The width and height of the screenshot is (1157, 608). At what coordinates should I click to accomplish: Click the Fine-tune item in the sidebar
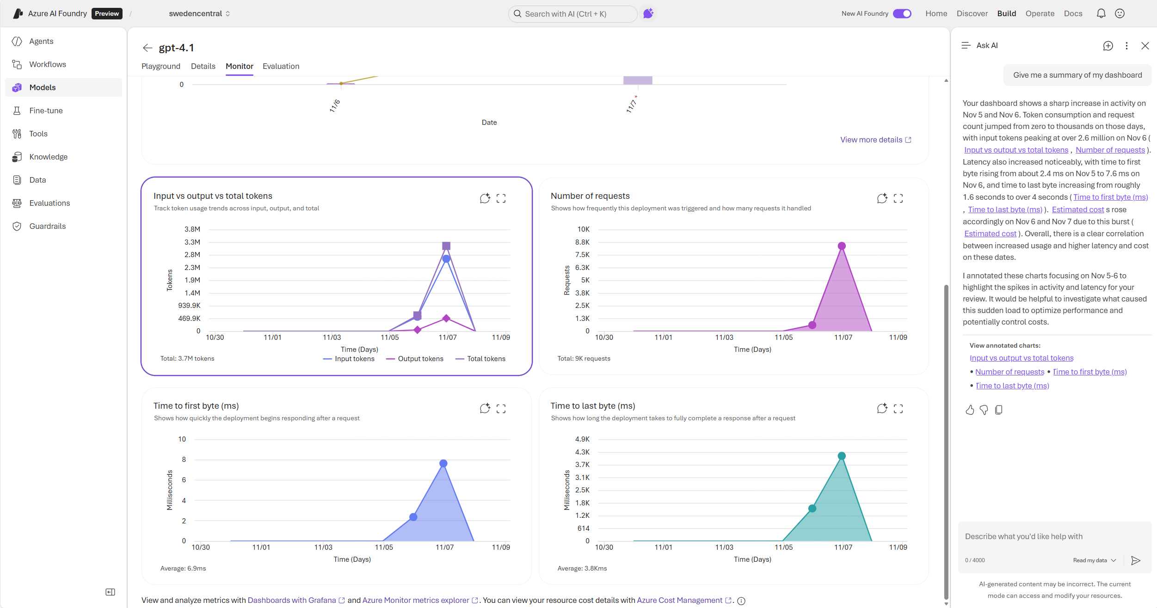[x=46, y=111]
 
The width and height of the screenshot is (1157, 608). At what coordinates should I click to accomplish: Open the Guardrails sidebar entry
[x=47, y=226]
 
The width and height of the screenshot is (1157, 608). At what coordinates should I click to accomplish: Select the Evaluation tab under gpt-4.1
[x=281, y=66]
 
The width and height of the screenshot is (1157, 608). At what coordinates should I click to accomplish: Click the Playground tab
[x=160, y=66]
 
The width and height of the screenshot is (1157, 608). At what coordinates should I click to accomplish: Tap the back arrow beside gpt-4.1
[x=148, y=48]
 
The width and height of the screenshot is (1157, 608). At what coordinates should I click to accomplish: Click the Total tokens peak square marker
[x=446, y=246]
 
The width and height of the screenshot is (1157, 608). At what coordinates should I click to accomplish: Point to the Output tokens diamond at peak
[x=446, y=318]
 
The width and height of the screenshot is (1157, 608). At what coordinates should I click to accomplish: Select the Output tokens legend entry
[x=420, y=359]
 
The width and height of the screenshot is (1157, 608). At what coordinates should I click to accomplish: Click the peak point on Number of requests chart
[x=842, y=246]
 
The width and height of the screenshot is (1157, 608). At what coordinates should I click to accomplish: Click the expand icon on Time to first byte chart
[x=501, y=409]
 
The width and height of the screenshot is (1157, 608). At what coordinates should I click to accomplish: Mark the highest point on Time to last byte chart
[x=842, y=456]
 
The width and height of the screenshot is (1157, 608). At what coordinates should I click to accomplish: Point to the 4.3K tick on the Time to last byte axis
[x=582, y=452]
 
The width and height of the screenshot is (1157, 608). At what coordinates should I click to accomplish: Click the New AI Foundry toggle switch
[x=902, y=13]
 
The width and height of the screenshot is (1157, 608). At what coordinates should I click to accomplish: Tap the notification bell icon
[x=1101, y=13]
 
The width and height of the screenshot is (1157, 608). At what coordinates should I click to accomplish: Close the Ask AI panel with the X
[x=1145, y=46]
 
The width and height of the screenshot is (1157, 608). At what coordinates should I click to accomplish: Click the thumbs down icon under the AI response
[x=984, y=410]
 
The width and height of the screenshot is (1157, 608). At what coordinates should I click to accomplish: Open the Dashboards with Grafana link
[x=291, y=600]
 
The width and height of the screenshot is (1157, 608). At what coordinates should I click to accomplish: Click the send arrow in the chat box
[x=1135, y=560]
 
